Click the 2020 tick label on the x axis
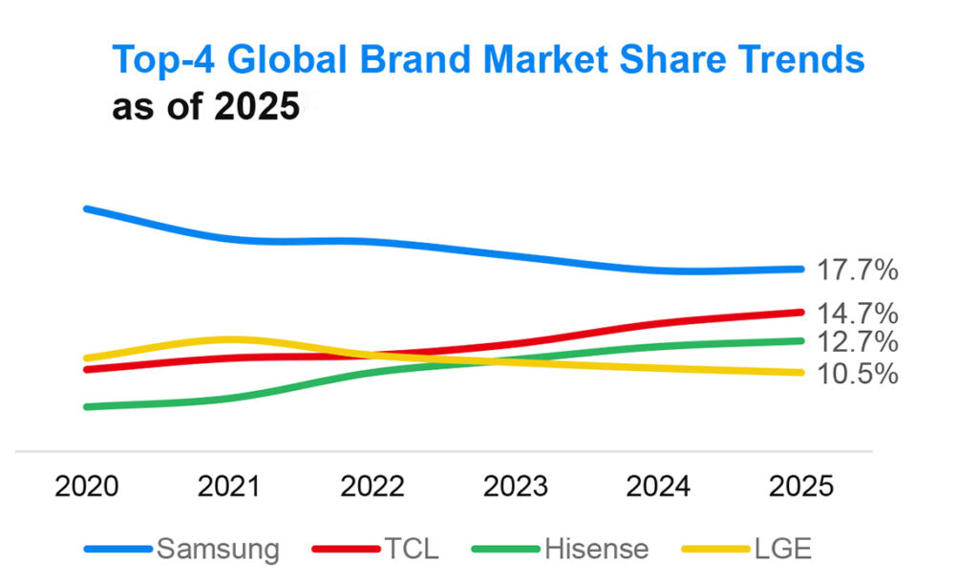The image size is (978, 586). (87, 487)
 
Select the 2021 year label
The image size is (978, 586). (229, 487)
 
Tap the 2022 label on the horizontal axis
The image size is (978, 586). (372, 487)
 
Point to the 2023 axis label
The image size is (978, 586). (516, 487)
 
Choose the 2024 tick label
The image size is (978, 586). (658, 487)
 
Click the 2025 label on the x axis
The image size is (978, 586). (801, 487)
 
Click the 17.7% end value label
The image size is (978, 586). (858, 271)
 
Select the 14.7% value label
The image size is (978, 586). (858, 314)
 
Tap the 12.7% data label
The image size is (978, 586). (858, 342)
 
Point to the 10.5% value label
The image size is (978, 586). (858, 374)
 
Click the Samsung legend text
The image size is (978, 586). (218, 550)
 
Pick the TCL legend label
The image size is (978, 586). (412, 550)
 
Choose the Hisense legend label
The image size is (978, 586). (596, 550)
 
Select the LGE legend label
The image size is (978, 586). (781, 550)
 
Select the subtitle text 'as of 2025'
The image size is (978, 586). (205, 107)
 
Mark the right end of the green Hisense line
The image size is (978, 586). (798, 340)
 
